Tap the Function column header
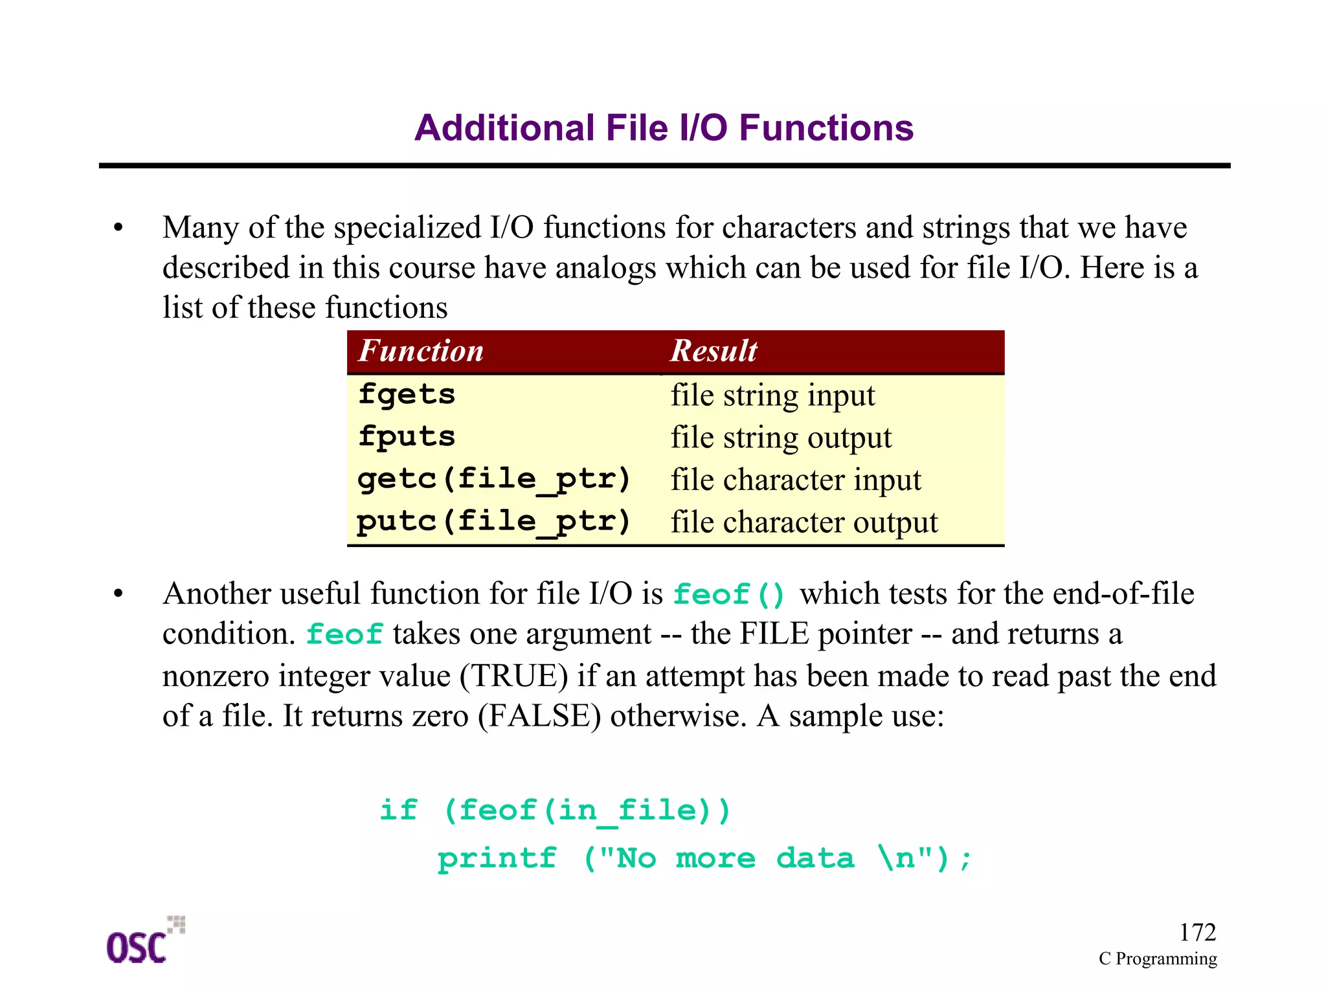tap(421, 351)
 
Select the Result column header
tap(714, 351)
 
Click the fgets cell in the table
tap(407, 394)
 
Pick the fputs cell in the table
tap(407, 437)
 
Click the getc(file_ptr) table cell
tap(493, 480)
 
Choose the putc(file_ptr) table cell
tap(493, 522)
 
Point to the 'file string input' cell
tap(772, 396)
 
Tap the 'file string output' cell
tap(781, 438)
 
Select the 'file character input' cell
tap(796, 480)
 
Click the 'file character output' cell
tap(804, 522)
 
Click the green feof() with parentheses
tap(729, 594)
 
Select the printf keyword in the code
tap(497, 859)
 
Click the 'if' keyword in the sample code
tap(398, 810)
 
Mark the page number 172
tap(1197, 932)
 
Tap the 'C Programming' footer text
tap(1158, 959)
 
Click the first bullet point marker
tap(118, 228)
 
